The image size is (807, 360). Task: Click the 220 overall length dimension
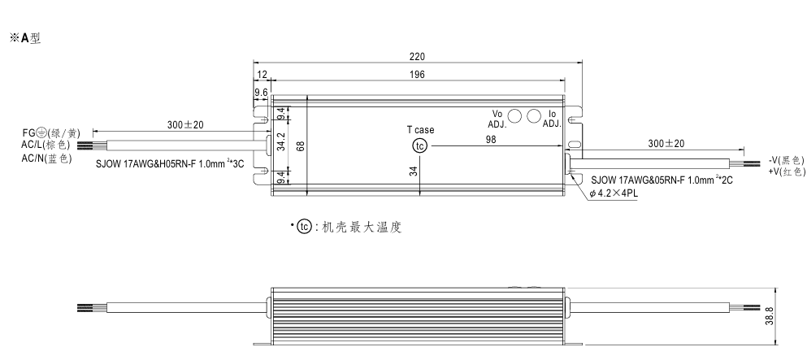click(416, 58)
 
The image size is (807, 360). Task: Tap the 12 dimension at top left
click(262, 74)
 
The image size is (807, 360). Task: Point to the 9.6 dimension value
click(261, 93)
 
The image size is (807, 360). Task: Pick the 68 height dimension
click(300, 146)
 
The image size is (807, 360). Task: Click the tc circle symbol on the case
click(419, 146)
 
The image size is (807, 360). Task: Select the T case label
click(420, 130)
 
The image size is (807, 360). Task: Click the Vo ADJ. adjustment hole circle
click(515, 116)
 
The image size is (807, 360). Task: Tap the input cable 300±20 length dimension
click(186, 125)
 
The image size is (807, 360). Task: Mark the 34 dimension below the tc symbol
click(413, 171)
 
